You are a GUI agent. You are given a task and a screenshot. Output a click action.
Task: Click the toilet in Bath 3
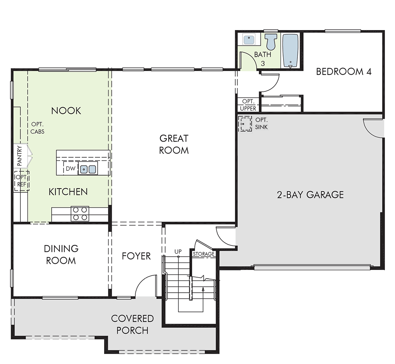(x=271, y=42)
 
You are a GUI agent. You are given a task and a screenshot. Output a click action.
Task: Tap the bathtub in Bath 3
(x=290, y=51)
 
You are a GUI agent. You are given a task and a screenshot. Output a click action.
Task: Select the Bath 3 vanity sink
(x=249, y=40)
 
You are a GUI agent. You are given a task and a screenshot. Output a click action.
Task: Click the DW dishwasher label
(x=71, y=169)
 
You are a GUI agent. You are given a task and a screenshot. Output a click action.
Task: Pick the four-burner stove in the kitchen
(x=80, y=214)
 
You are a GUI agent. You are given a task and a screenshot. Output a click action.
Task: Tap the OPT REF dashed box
(x=22, y=181)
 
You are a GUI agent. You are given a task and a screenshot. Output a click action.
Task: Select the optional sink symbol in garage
(x=245, y=124)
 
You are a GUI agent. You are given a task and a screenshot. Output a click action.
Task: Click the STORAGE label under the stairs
(x=204, y=254)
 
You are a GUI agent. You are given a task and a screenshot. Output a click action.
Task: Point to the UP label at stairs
(x=178, y=251)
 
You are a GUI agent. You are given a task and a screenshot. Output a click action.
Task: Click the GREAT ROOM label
(x=174, y=144)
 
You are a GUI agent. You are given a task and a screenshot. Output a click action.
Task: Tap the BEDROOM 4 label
(x=344, y=72)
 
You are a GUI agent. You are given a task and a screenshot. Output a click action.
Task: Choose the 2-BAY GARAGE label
(x=311, y=195)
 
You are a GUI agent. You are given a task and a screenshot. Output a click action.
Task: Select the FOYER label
(x=136, y=256)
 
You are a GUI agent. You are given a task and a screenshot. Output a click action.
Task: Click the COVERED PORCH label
(x=133, y=324)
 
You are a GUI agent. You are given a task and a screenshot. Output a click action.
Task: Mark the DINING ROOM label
(x=61, y=254)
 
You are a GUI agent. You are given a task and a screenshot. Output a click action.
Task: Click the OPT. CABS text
(x=37, y=128)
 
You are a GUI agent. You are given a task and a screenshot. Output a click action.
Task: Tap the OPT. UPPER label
(x=248, y=105)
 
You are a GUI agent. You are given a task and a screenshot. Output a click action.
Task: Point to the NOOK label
(x=66, y=111)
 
